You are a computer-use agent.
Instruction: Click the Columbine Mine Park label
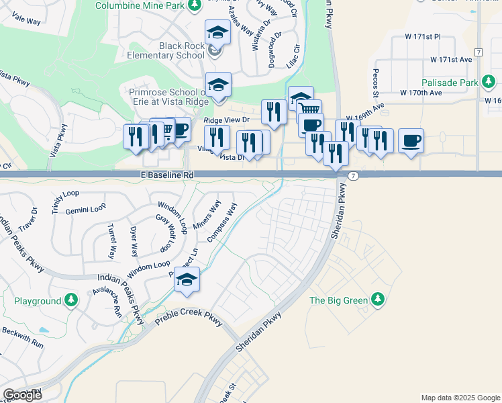click(x=139, y=6)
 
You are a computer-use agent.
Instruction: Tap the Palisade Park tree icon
click(x=492, y=83)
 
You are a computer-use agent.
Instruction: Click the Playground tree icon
click(x=72, y=300)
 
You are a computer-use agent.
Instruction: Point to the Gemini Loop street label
click(x=85, y=210)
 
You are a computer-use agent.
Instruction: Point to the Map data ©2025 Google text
click(x=460, y=398)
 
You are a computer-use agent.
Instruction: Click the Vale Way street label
click(x=26, y=21)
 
